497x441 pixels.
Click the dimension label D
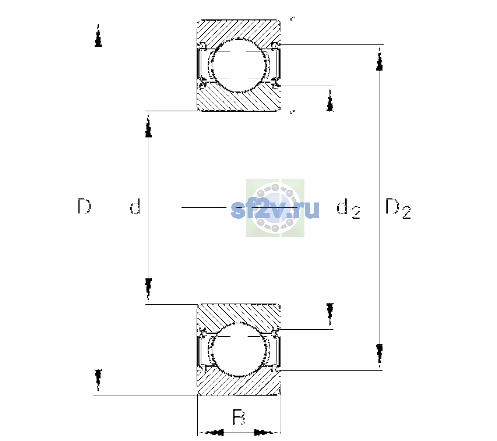[x=84, y=207]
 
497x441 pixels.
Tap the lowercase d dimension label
[x=135, y=207]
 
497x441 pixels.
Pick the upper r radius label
[x=292, y=22]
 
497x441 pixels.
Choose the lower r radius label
[x=292, y=115]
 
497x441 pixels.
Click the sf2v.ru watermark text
[x=275, y=209]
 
